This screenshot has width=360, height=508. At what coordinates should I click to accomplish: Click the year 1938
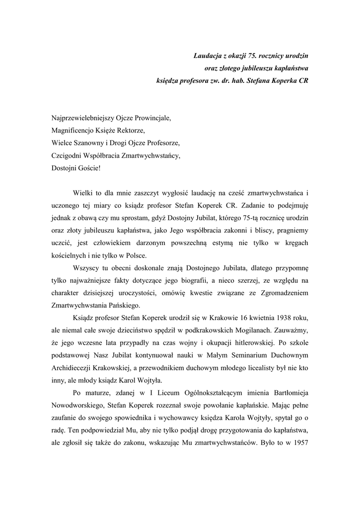pos(284,317)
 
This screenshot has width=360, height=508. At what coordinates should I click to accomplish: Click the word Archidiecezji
pos(73,368)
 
